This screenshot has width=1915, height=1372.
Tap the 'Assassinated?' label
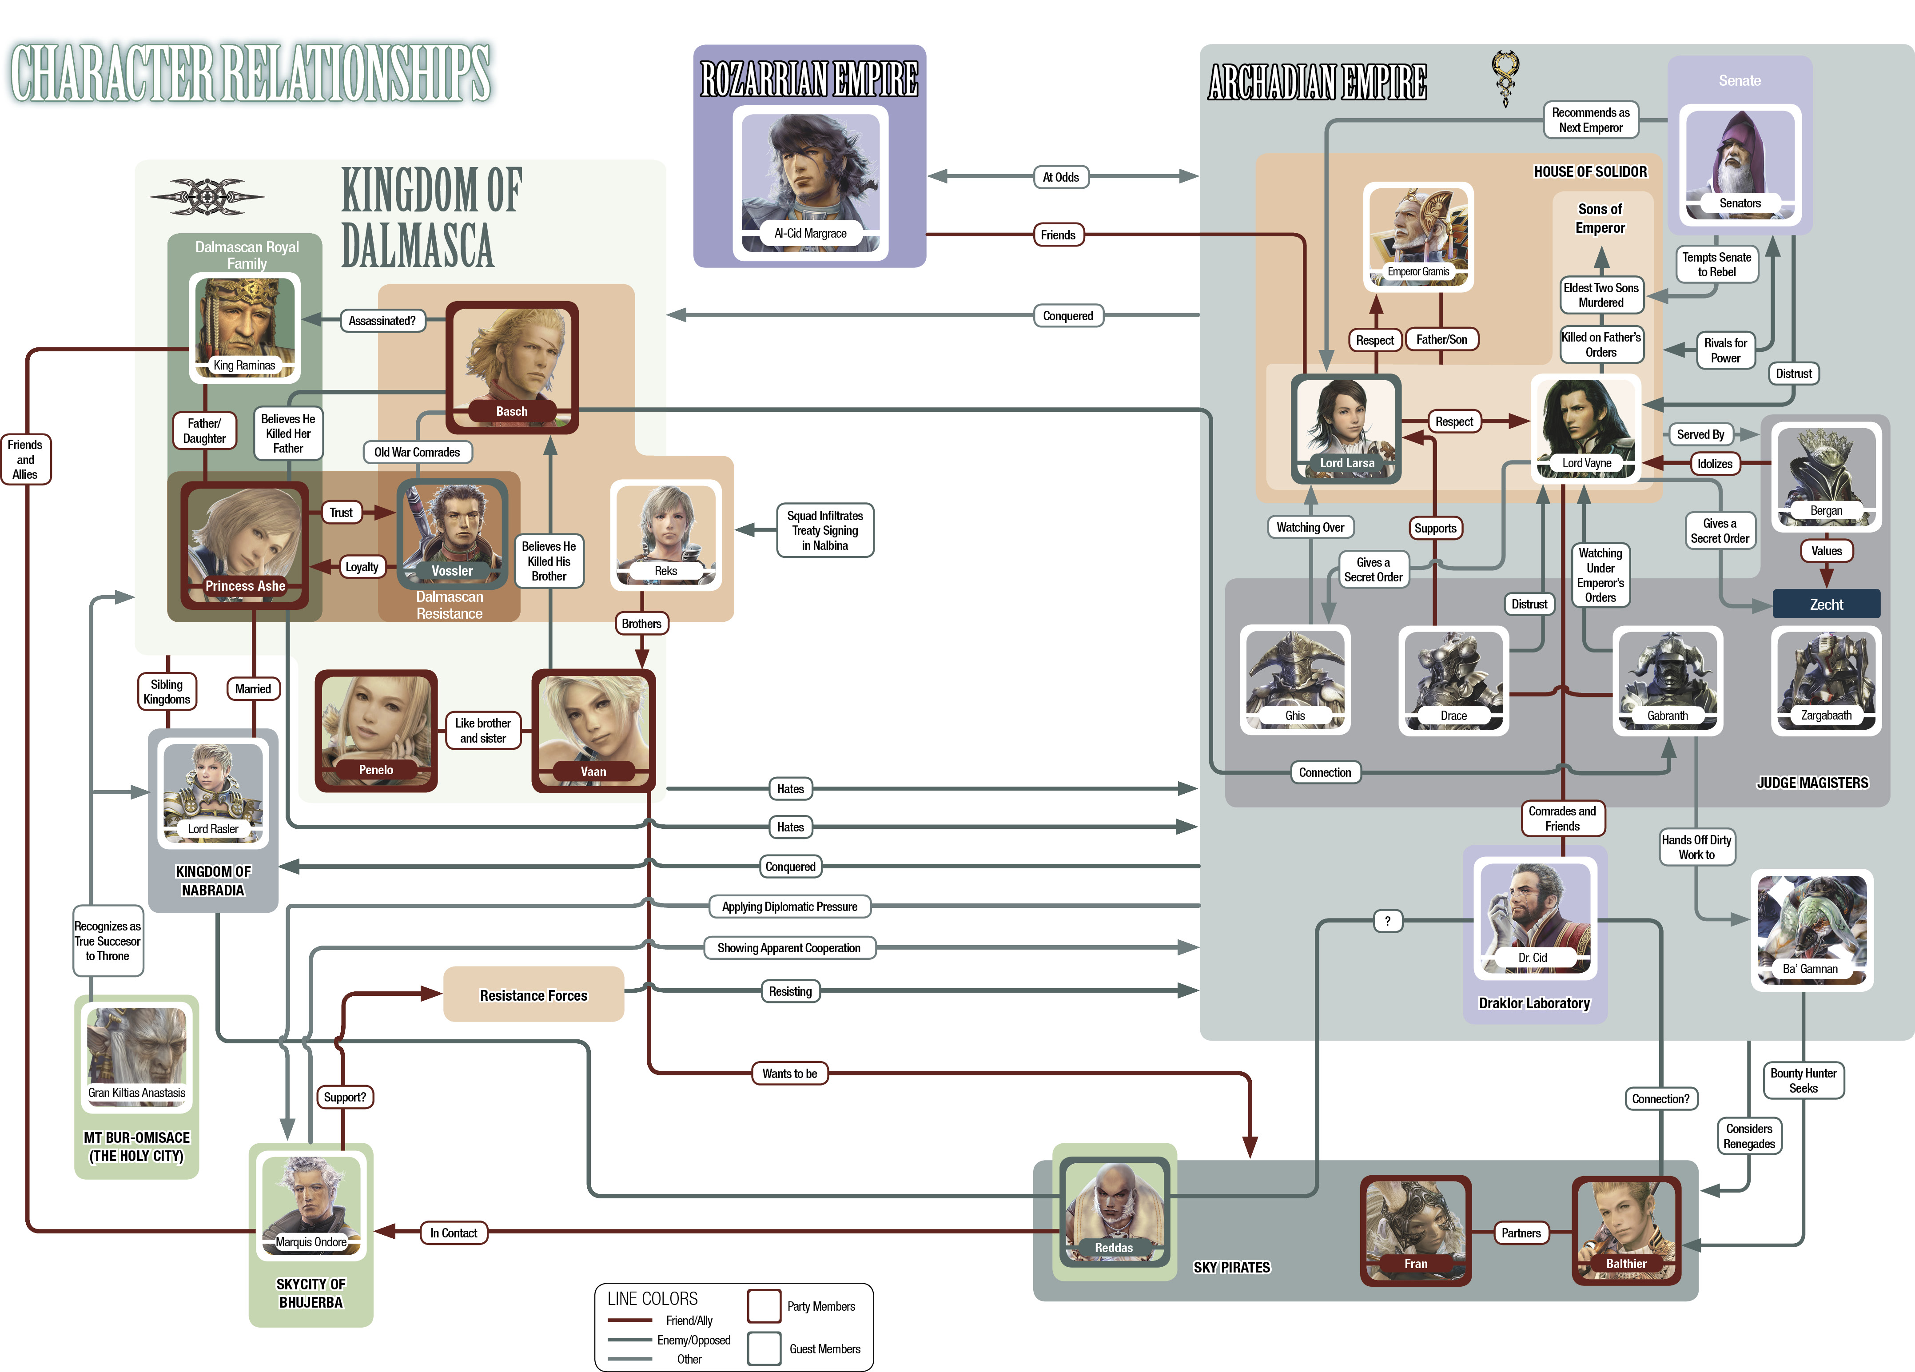(x=382, y=321)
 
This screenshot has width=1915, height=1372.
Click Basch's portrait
(x=512, y=367)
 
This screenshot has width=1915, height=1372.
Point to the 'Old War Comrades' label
(x=417, y=453)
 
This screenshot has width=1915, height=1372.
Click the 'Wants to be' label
(x=789, y=1074)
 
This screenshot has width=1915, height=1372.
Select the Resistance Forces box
(x=533, y=994)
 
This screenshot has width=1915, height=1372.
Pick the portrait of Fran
(x=1416, y=1230)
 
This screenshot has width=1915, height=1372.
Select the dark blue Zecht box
(x=1826, y=604)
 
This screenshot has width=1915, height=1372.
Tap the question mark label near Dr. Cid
(x=1387, y=921)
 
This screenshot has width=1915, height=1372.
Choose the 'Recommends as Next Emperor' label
(x=1591, y=120)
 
